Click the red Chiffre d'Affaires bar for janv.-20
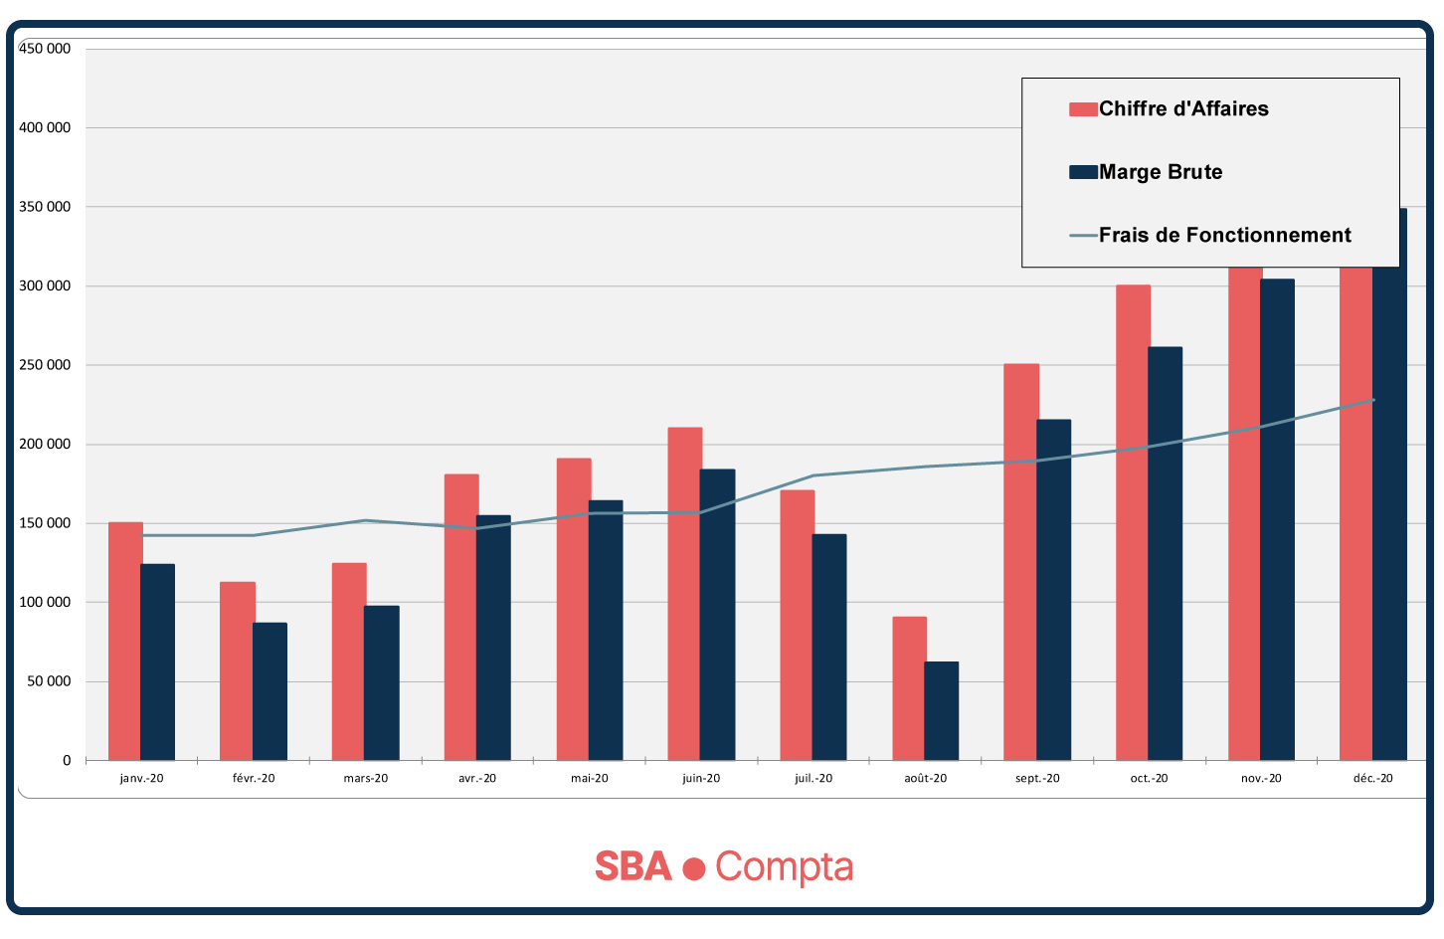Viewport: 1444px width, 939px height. (x=124, y=641)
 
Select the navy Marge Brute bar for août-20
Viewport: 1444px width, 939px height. (x=941, y=710)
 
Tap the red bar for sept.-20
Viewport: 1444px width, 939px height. (x=1020, y=562)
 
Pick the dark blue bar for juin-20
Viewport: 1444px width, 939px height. (x=717, y=615)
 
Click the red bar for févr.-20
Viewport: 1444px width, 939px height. (x=237, y=670)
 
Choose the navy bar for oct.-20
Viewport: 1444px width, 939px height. (x=1165, y=553)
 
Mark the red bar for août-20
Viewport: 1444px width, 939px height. (x=909, y=688)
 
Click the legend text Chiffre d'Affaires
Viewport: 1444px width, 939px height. (x=1183, y=109)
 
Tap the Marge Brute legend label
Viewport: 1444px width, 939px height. (x=1161, y=172)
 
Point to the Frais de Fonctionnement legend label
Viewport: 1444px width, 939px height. (x=1224, y=236)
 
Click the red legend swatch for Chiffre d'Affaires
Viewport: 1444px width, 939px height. (x=1083, y=109)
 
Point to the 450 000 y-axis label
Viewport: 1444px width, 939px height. (x=45, y=49)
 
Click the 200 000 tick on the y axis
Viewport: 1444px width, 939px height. (x=45, y=445)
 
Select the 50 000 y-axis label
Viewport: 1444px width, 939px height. (x=49, y=681)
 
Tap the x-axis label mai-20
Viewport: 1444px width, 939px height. (x=590, y=779)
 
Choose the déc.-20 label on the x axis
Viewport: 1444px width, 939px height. (x=1373, y=779)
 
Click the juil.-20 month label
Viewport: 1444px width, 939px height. (x=813, y=779)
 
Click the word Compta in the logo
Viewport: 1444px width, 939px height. (x=784, y=867)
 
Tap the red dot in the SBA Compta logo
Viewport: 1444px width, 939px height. (x=694, y=868)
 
